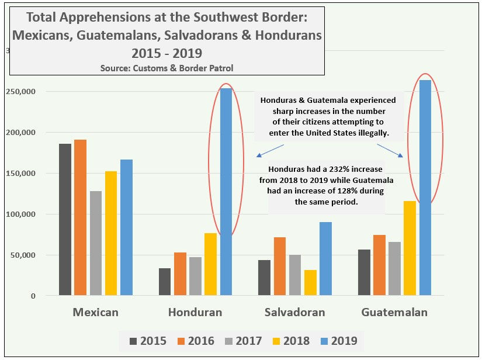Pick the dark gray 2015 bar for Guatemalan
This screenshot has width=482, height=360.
[364, 272]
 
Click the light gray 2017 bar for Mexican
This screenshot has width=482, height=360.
[96, 243]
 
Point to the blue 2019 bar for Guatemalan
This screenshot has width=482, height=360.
[425, 188]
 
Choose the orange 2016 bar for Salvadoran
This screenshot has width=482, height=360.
[280, 266]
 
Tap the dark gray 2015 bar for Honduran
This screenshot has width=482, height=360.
[165, 282]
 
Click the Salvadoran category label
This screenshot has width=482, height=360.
[294, 312]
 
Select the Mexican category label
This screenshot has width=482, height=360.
[95, 312]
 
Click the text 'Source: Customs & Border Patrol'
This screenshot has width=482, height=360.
[167, 68]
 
